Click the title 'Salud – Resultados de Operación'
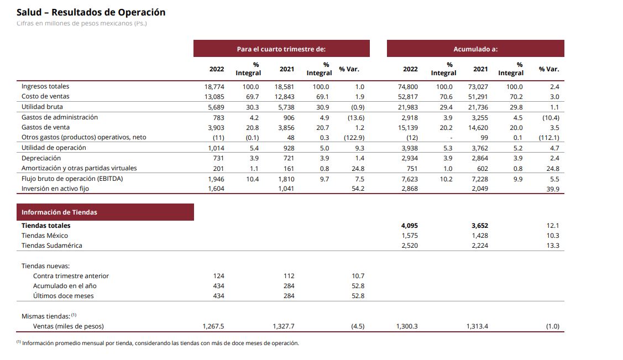pyautogui.click(x=91, y=12)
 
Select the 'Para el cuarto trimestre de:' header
pyautogui.click(x=281, y=49)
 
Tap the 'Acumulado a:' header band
pyautogui.click(x=475, y=49)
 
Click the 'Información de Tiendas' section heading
pyautogui.click(x=59, y=212)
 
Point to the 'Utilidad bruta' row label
pyautogui.click(x=42, y=107)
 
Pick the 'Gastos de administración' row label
pyautogui.click(x=59, y=117)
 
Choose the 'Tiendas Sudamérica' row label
pyautogui.click(x=51, y=246)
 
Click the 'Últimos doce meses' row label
pyautogui.click(x=63, y=296)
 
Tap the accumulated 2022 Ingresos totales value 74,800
pyautogui.click(x=408, y=87)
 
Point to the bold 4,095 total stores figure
pyautogui.click(x=409, y=226)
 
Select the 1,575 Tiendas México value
pyautogui.click(x=409, y=236)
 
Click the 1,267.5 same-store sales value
pyautogui.click(x=213, y=326)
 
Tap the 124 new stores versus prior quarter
pyautogui.click(x=219, y=276)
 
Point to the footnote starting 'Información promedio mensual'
pyautogui.click(x=160, y=343)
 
